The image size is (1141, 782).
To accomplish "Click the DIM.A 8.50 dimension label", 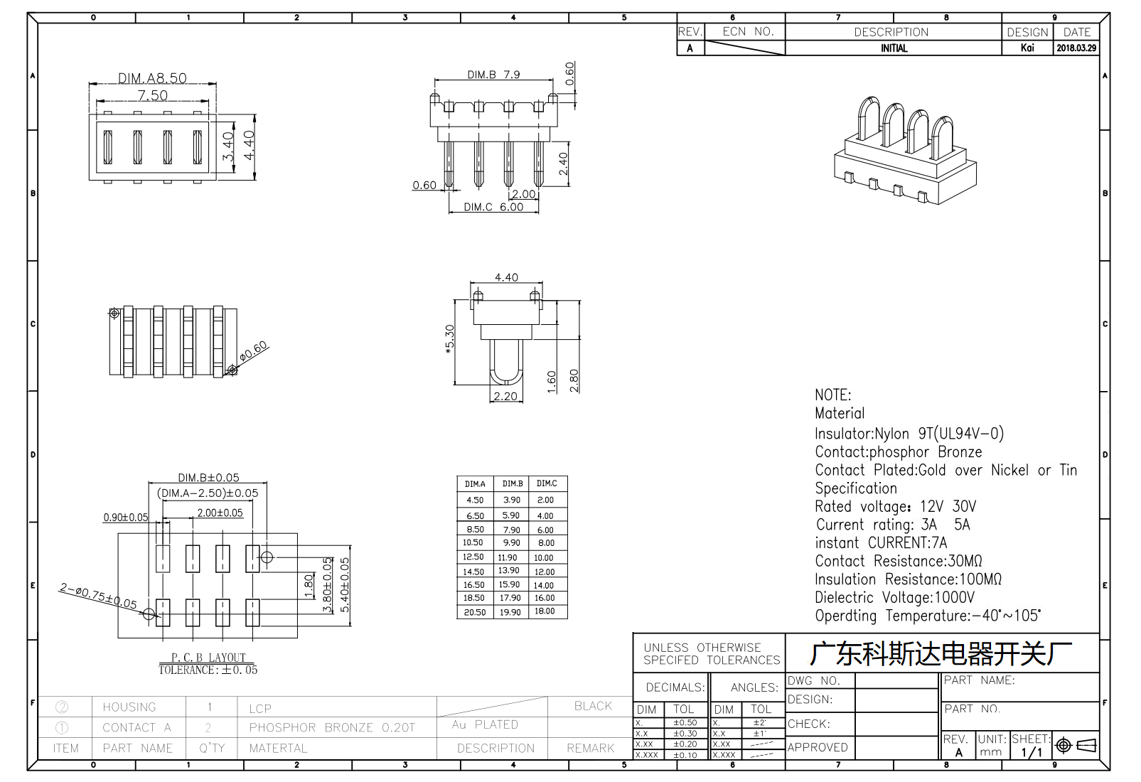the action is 152,78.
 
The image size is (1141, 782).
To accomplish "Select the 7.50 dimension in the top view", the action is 152,95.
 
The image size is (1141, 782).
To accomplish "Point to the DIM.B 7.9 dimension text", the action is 493,75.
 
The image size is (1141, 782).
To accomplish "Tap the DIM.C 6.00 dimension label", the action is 493,207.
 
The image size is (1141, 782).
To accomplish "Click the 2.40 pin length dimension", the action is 563,164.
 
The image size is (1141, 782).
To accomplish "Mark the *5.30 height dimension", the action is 449,339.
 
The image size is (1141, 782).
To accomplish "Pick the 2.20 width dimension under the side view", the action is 505,396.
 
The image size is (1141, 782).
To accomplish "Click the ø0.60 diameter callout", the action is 253,351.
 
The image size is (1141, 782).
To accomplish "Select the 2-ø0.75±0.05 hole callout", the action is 98,596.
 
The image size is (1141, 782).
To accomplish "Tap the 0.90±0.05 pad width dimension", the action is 126,517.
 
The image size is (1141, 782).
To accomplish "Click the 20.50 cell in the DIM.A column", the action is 475,612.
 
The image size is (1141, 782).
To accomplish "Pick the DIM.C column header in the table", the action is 547,483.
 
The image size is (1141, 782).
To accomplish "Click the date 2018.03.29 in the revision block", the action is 1076,48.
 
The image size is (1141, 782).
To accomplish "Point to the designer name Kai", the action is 1027,48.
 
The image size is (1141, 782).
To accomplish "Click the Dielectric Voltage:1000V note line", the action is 895,597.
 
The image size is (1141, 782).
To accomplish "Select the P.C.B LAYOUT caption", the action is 208,657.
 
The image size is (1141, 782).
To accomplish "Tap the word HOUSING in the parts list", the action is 129,707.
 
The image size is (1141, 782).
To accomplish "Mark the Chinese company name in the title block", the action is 941,654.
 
